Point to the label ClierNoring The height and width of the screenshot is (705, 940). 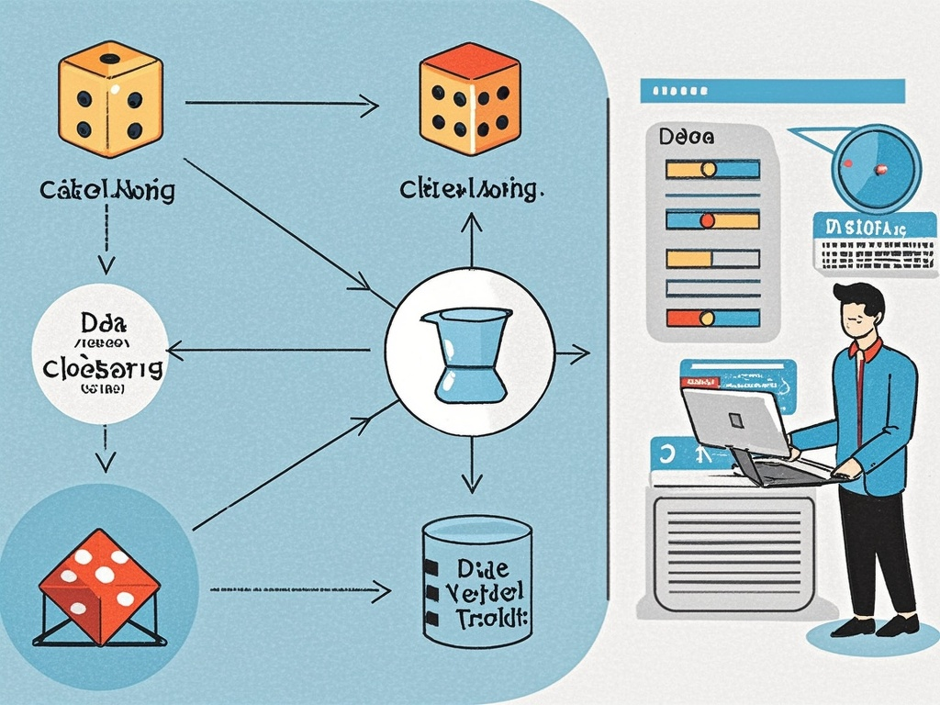tap(469, 190)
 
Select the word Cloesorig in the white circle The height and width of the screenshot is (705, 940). tap(103, 367)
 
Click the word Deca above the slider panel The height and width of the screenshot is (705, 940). tap(686, 138)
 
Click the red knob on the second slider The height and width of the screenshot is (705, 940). tap(707, 220)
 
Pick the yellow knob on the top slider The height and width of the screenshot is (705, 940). tap(708, 169)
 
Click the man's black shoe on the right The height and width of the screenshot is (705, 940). tap(897, 626)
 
